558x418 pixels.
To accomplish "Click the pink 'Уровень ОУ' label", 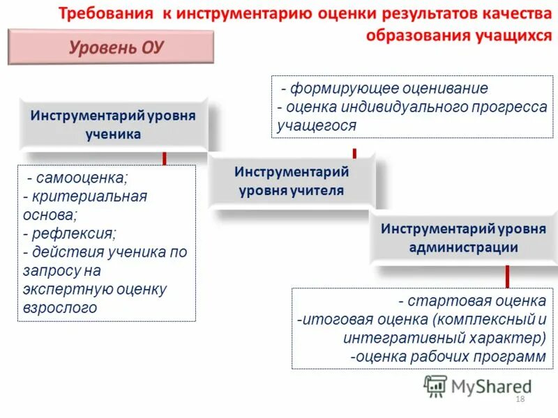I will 112,47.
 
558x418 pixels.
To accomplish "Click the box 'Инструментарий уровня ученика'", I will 113,124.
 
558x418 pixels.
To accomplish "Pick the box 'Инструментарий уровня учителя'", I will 292,180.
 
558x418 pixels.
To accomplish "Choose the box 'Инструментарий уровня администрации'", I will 463,238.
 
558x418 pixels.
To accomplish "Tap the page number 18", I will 519,398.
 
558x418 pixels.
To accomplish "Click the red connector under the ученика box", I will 164,158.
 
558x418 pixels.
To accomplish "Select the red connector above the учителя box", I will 354,153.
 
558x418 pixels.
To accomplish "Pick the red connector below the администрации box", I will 507,276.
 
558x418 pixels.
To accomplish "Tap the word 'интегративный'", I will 391,338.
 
